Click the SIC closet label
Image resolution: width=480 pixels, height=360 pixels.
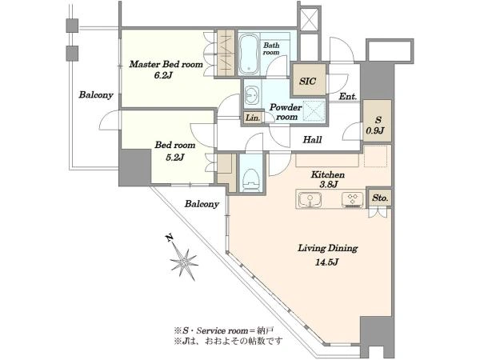pos(308,81)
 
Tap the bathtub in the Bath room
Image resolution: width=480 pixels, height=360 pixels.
pos(249,54)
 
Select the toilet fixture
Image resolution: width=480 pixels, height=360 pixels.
pos(250,180)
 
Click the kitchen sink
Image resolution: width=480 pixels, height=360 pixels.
pos(310,199)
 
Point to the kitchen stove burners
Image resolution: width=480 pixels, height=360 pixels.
pos(352,198)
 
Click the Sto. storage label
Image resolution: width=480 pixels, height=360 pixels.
pos(380,198)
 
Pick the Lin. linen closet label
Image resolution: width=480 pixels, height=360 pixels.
pos(253,118)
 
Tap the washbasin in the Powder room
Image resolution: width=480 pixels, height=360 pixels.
pos(252,95)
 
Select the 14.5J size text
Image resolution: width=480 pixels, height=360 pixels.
pos(327,262)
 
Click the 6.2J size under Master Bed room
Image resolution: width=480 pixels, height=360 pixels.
pos(163,75)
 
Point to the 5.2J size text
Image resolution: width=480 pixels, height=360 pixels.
pos(174,157)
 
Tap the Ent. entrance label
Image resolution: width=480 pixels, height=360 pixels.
pos(348,97)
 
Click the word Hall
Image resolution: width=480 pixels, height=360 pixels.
pos(312,139)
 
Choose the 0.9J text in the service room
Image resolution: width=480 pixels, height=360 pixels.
pos(375,130)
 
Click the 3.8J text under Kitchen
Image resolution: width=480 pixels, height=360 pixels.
pos(329,184)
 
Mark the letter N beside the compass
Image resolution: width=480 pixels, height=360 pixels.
pos(169,238)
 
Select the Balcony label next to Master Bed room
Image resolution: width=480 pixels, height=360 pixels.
pos(96,94)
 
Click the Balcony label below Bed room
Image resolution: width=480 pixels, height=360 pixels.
pos(202,203)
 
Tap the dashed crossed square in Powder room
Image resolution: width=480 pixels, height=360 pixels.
pos(314,110)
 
